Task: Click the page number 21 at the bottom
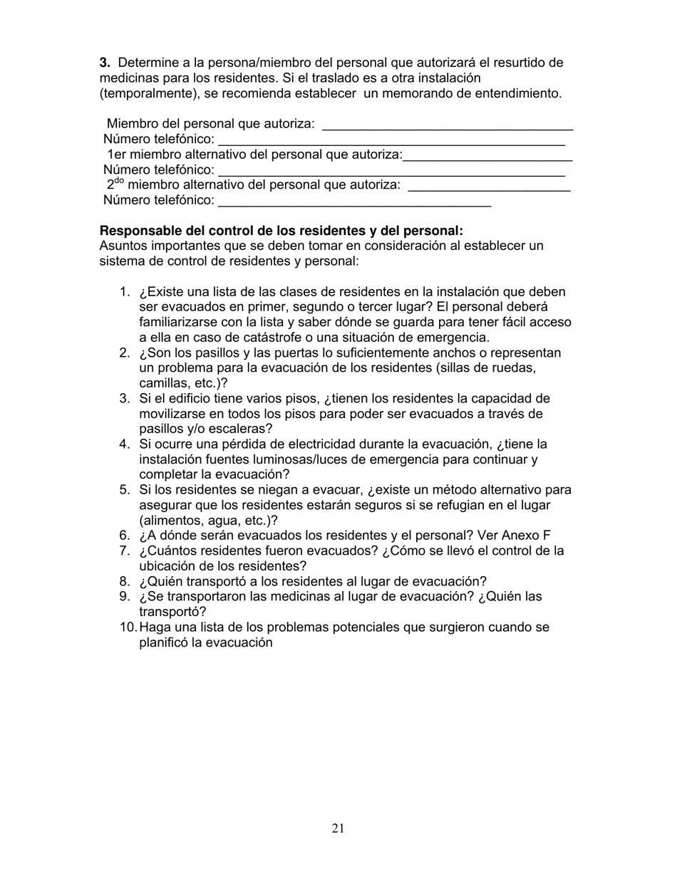click(x=338, y=828)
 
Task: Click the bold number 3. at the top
click(x=105, y=63)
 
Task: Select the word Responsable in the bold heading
click(x=135, y=231)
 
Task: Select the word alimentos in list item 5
click(x=170, y=521)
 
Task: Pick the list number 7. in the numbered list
click(x=125, y=551)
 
